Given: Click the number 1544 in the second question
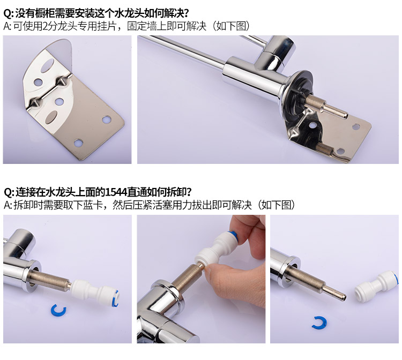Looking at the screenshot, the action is pyautogui.click(x=116, y=192).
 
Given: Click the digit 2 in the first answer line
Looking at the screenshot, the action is pyautogui.click(x=46, y=26).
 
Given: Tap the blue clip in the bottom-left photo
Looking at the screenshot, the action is pyautogui.click(x=58, y=309).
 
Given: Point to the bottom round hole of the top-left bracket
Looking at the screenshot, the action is pyautogui.click(x=78, y=142).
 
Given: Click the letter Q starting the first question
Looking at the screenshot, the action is pyautogui.click(x=7, y=13).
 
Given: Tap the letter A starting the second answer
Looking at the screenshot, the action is pyautogui.click(x=7, y=205).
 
